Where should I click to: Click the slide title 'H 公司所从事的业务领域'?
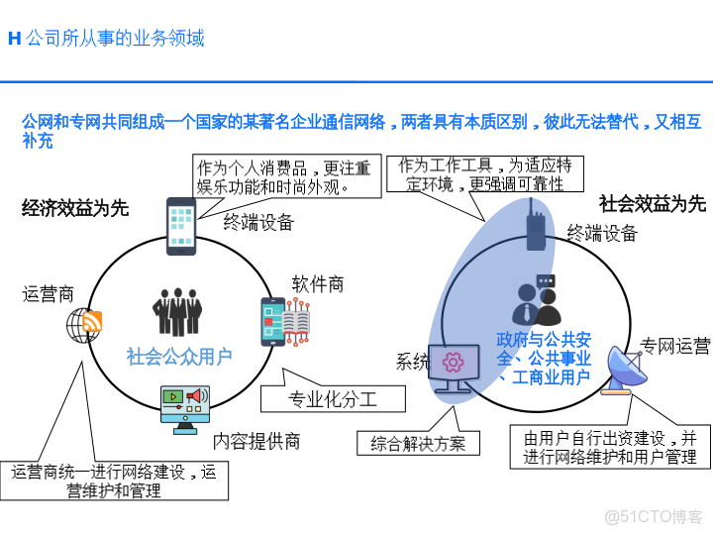point(106,39)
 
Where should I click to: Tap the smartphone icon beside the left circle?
point(181,226)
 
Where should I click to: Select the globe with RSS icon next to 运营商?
point(84,324)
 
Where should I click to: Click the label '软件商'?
point(318,284)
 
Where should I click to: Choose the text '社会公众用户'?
point(179,357)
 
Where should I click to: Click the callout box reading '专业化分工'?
point(333,399)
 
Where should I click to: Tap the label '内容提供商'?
point(256,441)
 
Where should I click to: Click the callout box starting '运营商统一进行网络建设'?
point(114,481)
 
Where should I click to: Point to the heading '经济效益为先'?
point(75,207)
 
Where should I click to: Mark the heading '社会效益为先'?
point(653,203)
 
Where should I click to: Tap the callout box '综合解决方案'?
point(418,443)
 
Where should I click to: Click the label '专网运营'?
point(674,346)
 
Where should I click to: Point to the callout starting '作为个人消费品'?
point(283,175)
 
